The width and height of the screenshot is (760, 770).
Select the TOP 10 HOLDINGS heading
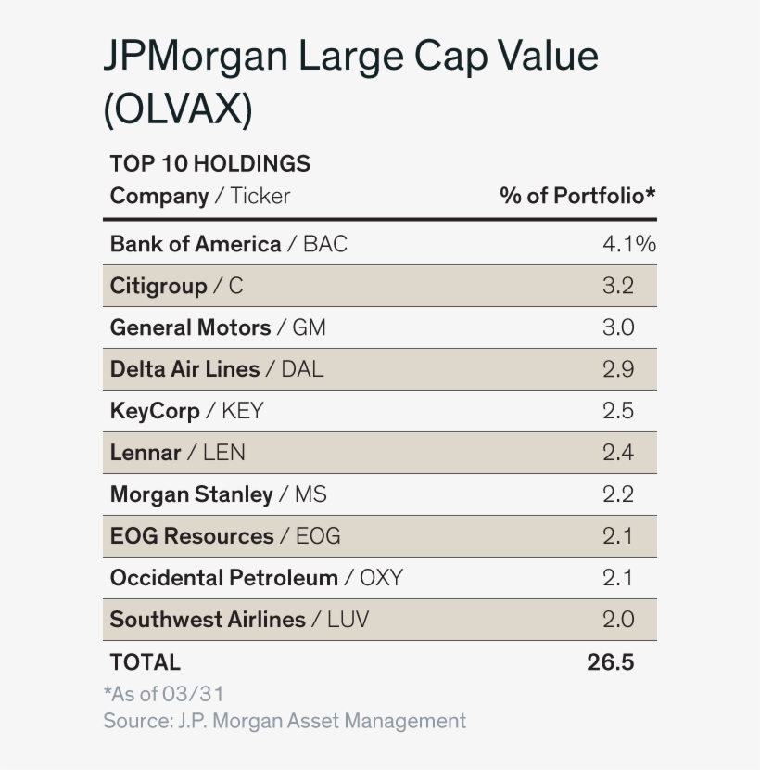[209, 164]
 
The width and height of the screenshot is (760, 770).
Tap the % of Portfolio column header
[577, 196]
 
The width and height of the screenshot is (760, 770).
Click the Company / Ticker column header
[199, 196]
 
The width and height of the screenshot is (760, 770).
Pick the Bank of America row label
[228, 244]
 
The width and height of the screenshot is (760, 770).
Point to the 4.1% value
[628, 244]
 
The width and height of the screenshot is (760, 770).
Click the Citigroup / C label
[176, 286]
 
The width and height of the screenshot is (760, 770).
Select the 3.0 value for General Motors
[618, 327]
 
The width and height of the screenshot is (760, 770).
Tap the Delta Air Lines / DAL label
[217, 369]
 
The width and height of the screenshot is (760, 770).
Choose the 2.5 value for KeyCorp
[618, 411]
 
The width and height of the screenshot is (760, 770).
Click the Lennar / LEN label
[177, 453]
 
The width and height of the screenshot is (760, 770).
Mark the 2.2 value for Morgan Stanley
[618, 494]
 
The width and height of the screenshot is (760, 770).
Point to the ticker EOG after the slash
[318, 536]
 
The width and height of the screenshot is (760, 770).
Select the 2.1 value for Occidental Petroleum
[618, 578]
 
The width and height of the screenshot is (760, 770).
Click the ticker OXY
[381, 578]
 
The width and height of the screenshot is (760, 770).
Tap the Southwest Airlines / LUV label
[239, 620]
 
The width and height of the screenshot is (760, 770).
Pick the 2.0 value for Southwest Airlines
[618, 620]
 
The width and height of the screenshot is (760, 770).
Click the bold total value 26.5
[610, 662]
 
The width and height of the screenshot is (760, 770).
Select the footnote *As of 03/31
[163, 694]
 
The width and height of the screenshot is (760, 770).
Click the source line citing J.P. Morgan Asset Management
[285, 721]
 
